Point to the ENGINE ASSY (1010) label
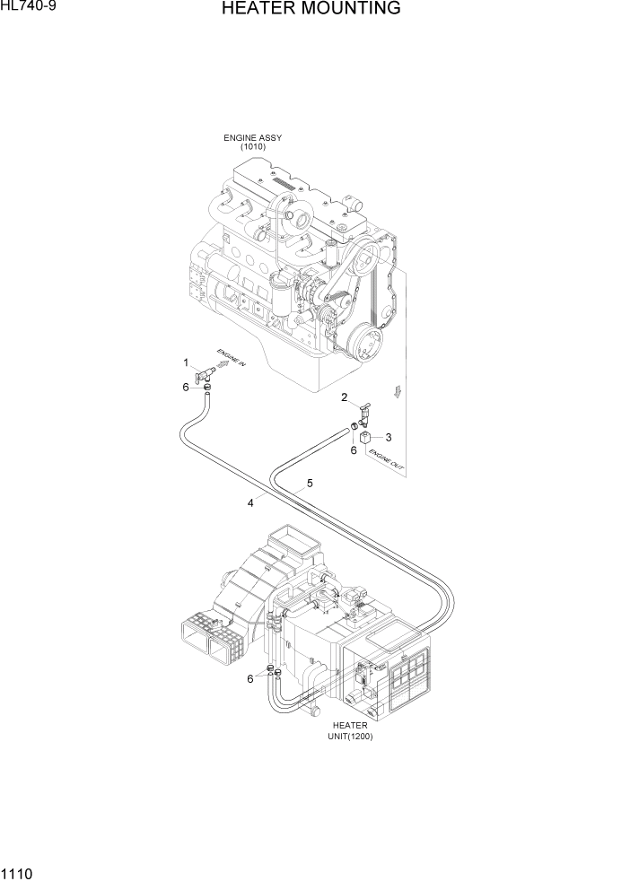pos(252,142)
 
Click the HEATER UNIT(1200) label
pos(351,730)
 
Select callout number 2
pos(344,397)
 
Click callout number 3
pos(388,438)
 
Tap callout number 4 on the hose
pos(250,503)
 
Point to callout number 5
pos(310,483)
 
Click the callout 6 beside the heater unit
pos(250,678)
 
